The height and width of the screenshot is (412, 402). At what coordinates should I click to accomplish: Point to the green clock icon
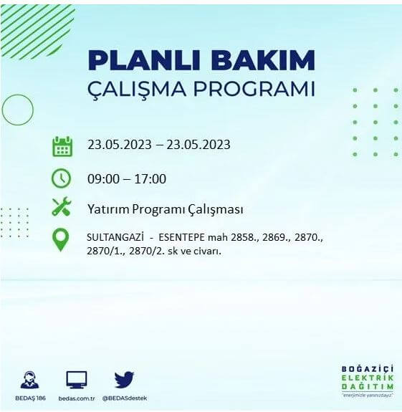(62, 178)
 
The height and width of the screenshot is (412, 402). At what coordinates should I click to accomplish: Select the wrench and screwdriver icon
(62, 208)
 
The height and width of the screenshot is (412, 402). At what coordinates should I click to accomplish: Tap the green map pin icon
(62, 239)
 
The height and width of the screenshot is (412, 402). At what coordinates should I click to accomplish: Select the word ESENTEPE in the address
(183, 236)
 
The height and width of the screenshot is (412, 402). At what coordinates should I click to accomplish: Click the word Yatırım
(107, 210)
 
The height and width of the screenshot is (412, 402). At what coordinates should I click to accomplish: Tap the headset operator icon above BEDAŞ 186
(30, 380)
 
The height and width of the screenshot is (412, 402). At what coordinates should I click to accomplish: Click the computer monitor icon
(76, 380)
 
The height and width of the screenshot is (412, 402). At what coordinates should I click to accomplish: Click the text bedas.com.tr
(76, 398)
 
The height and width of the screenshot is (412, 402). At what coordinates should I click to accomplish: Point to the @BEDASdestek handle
(125, 398)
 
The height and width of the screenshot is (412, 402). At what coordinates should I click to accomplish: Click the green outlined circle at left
(18, 110)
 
